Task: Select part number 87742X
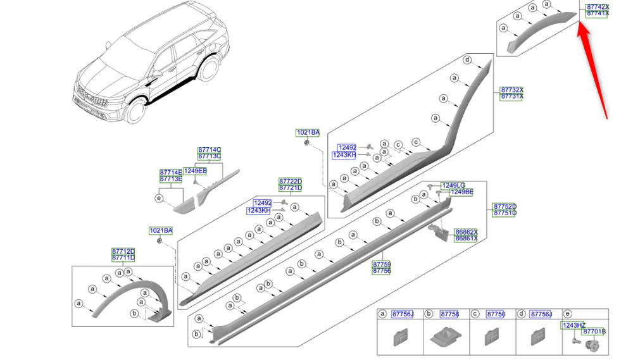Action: (x=597, y=7)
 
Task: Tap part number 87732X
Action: (x=511, y=90)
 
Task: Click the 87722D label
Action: (x=291, y=182)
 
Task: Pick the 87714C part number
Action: (x=209, y=150)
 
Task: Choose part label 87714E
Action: (x=170, y=172)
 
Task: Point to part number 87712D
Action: (x=123, y=252)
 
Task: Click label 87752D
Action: (x=505, y=207)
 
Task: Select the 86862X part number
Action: (x=466, y=232)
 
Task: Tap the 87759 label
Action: (x=381, y=264)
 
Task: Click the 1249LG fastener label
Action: (x=453, y=185)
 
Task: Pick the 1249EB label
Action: (x=195, y=171)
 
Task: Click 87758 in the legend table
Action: (x=449, y=314)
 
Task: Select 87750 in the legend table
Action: (x=496, y=314)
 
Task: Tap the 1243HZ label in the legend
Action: (x=573, y=325)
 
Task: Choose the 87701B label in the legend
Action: (x=594, y=332)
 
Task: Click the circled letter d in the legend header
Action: (x=521, y=314)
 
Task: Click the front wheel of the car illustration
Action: (x=135, y=111)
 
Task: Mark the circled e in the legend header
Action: (x=568, y=314)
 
